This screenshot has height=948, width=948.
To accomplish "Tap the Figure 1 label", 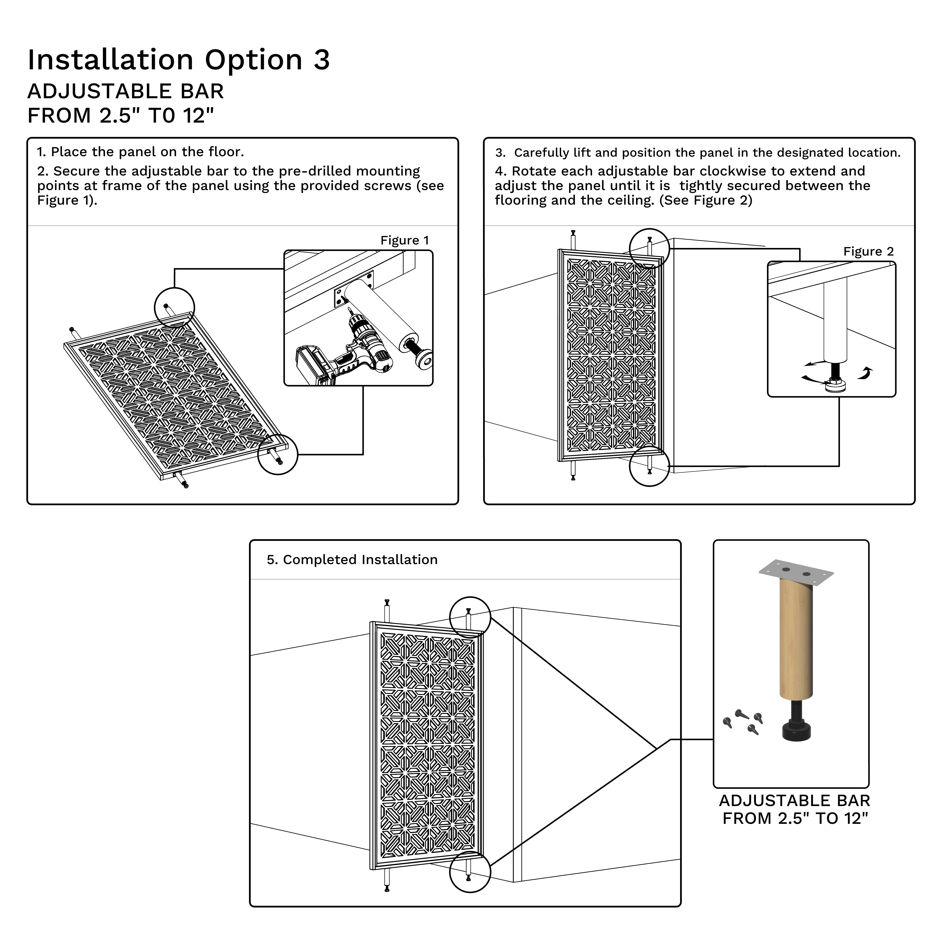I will coord(404,240).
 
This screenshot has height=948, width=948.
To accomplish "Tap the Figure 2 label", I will coord(868,252).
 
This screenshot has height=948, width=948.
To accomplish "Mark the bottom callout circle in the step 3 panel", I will coord(649,466).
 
